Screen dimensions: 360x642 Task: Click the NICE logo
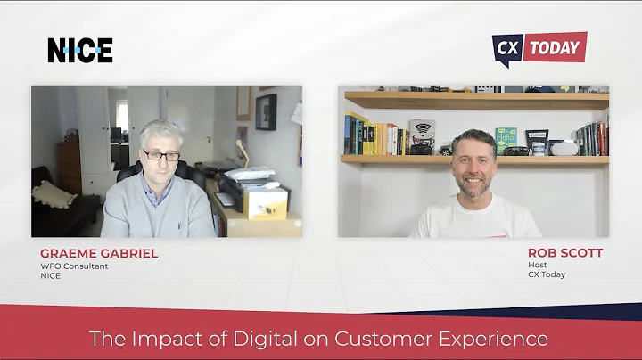[80, 51]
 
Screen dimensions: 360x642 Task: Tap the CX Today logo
[539, 49]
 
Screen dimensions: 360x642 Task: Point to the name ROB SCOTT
[566, 253]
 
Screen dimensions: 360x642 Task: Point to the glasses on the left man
[161, 155]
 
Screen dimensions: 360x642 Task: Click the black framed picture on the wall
[267, 113]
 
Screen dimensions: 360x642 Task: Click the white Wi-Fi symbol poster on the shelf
[422, 131]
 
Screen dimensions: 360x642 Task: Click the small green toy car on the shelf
[445, 150]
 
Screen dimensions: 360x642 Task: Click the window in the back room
[120, 116]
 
